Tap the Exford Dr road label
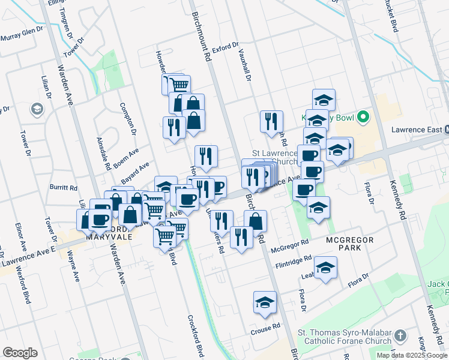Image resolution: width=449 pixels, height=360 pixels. coord(225,46)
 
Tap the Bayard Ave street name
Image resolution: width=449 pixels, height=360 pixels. coord(135,173)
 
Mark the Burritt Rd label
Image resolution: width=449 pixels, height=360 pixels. coord(64,187)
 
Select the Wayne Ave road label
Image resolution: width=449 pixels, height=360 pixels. coord(74,268)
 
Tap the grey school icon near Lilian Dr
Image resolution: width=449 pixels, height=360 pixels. coord(37,109)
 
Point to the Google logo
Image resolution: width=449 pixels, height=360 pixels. coord(20,353)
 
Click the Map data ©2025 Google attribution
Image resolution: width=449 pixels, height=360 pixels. coord(412,355)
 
